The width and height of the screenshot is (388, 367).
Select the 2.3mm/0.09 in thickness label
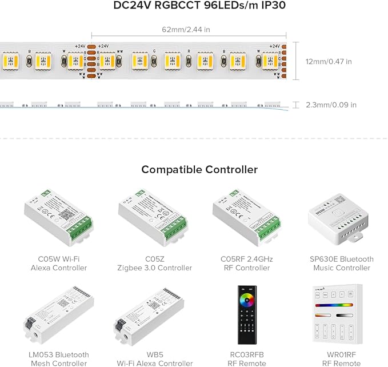click(x=331, y=105)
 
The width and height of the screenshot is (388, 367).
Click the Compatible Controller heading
click(x=199, y=170)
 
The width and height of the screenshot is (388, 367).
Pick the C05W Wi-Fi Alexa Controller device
click(x=58, y=218)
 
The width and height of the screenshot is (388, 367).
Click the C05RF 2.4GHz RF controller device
click(x=247, y=218)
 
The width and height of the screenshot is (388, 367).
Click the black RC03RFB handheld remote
click(x=246, y=318)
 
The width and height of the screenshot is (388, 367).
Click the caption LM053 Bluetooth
click(x=58, y=355)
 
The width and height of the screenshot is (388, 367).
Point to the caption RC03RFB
click(x=247, y=355)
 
